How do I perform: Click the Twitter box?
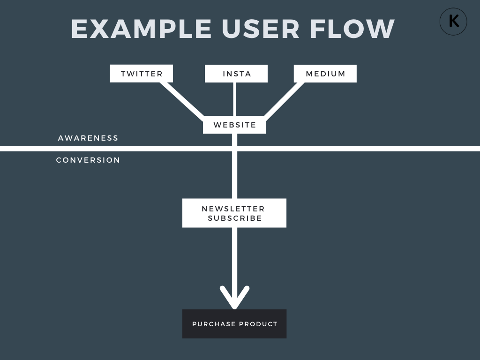(x=142, y=74)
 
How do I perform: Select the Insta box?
(x=236, y=74)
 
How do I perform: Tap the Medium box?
(x=325, y=74)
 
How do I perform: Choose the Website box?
(x=234, y=125)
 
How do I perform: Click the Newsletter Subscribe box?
(x=234, y=213)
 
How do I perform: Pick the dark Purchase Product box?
(x=234, y=324)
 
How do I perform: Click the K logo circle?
(x=453, y=22)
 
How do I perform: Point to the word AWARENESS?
(x=88, y=138)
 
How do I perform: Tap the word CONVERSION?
(x=88, y=160)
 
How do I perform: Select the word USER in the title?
(x=261, y=29)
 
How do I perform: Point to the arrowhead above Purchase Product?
(x=234, y=300)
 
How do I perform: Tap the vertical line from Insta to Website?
(x=234, y=99)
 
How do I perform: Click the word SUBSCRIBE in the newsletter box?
(x=235, y=218)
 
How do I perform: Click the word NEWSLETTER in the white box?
(x=233, y=209)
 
